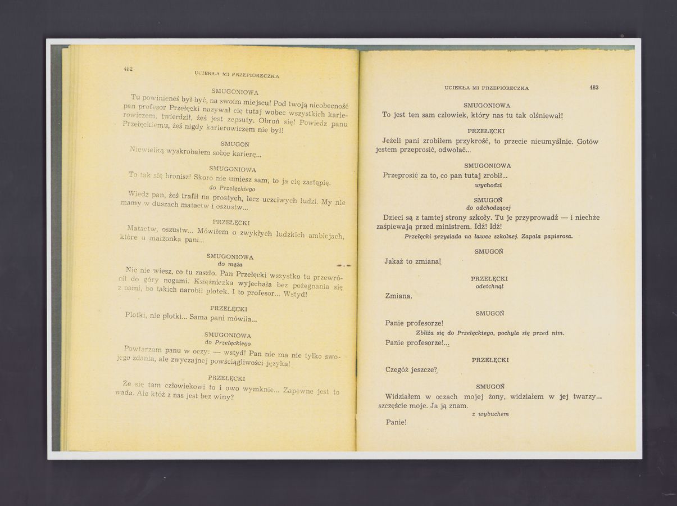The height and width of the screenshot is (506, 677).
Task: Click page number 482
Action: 128,69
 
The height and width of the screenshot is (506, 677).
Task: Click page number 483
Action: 594,88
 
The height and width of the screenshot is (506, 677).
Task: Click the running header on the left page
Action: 237,74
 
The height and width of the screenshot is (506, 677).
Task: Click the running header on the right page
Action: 487,88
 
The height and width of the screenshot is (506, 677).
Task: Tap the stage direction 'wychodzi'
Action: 488,185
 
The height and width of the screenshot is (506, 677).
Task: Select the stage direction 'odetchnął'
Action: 489,286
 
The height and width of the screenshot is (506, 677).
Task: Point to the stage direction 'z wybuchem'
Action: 490,414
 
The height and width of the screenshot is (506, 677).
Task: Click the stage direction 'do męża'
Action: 230,264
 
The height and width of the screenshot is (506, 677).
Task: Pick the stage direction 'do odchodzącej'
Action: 488,208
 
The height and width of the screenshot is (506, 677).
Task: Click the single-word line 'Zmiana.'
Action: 399,296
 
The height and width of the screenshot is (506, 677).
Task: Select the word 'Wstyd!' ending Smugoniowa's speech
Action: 295,294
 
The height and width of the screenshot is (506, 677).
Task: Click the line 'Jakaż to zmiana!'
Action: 414,261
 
